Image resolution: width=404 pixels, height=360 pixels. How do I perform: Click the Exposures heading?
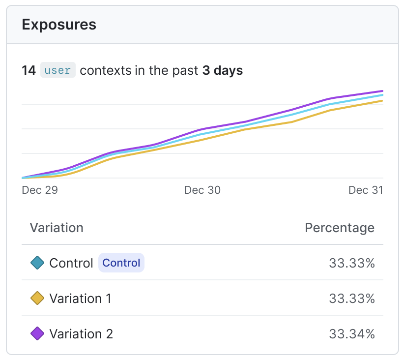(59, 25)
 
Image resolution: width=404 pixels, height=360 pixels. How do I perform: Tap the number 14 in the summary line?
(29, 70)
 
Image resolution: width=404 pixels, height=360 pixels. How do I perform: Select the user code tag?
(58, 70)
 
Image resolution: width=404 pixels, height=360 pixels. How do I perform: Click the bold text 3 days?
(222, 70)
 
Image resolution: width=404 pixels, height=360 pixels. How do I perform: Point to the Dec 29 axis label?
(40, 190)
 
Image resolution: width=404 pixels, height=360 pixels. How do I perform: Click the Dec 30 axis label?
(202, 190)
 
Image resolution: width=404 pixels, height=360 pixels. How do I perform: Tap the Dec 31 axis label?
(366, 190)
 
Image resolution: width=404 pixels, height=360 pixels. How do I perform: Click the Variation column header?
(57, 228)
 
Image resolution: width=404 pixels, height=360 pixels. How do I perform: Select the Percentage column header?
(340, 228)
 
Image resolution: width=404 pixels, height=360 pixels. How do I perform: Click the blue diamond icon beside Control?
(37, 263)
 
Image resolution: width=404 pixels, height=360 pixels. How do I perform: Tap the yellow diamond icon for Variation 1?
(37, 299)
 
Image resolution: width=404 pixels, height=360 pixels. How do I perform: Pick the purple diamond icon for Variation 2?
(37, 334)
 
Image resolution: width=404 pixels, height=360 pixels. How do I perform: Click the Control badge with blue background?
(121, 263)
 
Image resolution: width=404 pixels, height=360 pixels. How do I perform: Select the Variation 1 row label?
(81, 299)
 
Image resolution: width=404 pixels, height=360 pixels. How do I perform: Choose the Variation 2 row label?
(81, 334)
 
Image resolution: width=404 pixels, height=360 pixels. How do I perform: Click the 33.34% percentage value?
(352, 334)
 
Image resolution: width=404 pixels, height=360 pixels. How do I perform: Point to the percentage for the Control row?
(352, 263)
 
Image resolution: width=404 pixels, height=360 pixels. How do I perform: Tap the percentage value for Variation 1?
(352, 299)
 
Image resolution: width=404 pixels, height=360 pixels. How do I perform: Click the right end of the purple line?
(382, 91)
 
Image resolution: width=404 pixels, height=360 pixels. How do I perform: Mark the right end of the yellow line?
(382, 101)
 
